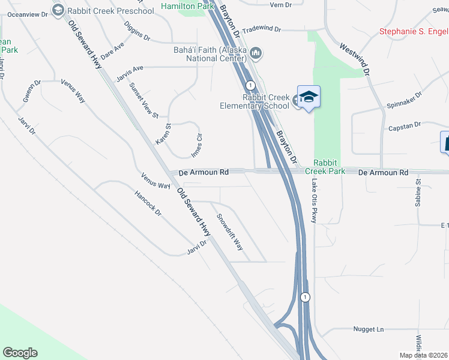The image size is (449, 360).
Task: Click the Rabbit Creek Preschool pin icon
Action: (x=58, y=10)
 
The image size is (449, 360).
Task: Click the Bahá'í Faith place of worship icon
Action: (x=256, y=53)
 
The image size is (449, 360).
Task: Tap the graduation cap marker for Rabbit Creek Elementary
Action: (x=309, y=97)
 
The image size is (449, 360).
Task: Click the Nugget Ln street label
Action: (x=367, y=329)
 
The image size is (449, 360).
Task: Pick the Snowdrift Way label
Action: (x=230, y=233)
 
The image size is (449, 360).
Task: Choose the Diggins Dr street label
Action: (x=137, y=31)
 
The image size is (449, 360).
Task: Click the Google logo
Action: (x=20, y=353)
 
